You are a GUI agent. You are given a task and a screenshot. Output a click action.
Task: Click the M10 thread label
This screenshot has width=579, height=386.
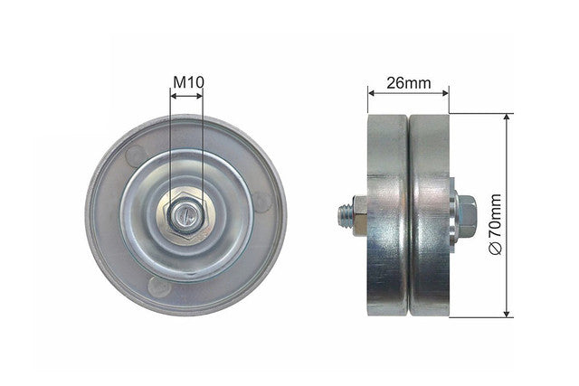tap(188, 82)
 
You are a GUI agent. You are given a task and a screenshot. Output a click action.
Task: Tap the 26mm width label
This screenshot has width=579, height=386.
tap(408, 83)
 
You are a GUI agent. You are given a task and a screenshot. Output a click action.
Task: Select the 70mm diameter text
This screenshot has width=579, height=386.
tap(495, 216)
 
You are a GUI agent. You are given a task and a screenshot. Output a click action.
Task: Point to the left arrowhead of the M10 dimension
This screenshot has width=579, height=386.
tap(174, 96)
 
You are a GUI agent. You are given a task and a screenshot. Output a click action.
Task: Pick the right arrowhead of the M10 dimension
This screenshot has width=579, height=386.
tap(199, 96)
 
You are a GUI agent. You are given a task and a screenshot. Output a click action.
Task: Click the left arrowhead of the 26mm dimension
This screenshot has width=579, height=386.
tap(372, 93)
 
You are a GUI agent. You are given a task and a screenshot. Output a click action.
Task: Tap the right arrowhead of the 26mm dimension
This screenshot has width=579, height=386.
tap(444, 93)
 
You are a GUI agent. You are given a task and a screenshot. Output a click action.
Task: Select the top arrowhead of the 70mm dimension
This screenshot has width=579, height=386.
tap(507, 118)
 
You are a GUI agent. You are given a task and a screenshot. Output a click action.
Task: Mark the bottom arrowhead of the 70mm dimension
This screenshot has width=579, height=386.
tap(507, 313)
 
